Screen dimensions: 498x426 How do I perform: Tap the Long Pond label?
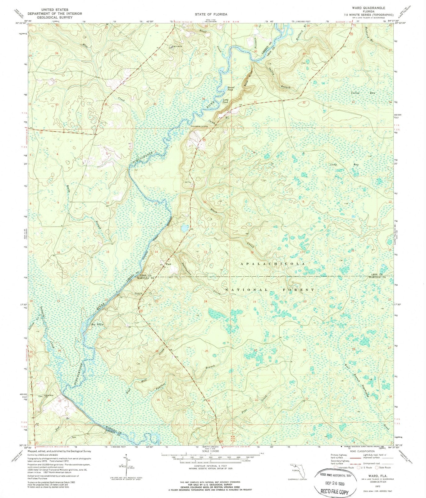[x=226, y=101]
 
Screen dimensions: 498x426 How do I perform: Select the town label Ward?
[x=168, y=264]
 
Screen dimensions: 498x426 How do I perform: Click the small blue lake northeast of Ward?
[x=185, y=228]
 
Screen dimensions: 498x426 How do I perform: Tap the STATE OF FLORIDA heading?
[x=211, y=14]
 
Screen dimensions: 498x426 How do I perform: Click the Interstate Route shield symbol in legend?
[x=335, y=467]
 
